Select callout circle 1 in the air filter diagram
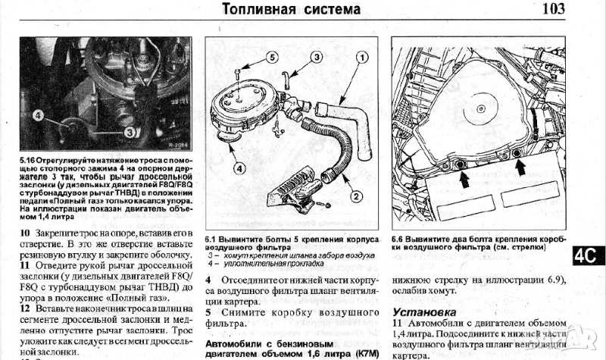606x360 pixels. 363,57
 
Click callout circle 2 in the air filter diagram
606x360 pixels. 355,196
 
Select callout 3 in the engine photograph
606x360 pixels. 130,130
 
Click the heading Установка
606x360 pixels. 423,311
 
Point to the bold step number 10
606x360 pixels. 26,231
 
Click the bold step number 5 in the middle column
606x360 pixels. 209,311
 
